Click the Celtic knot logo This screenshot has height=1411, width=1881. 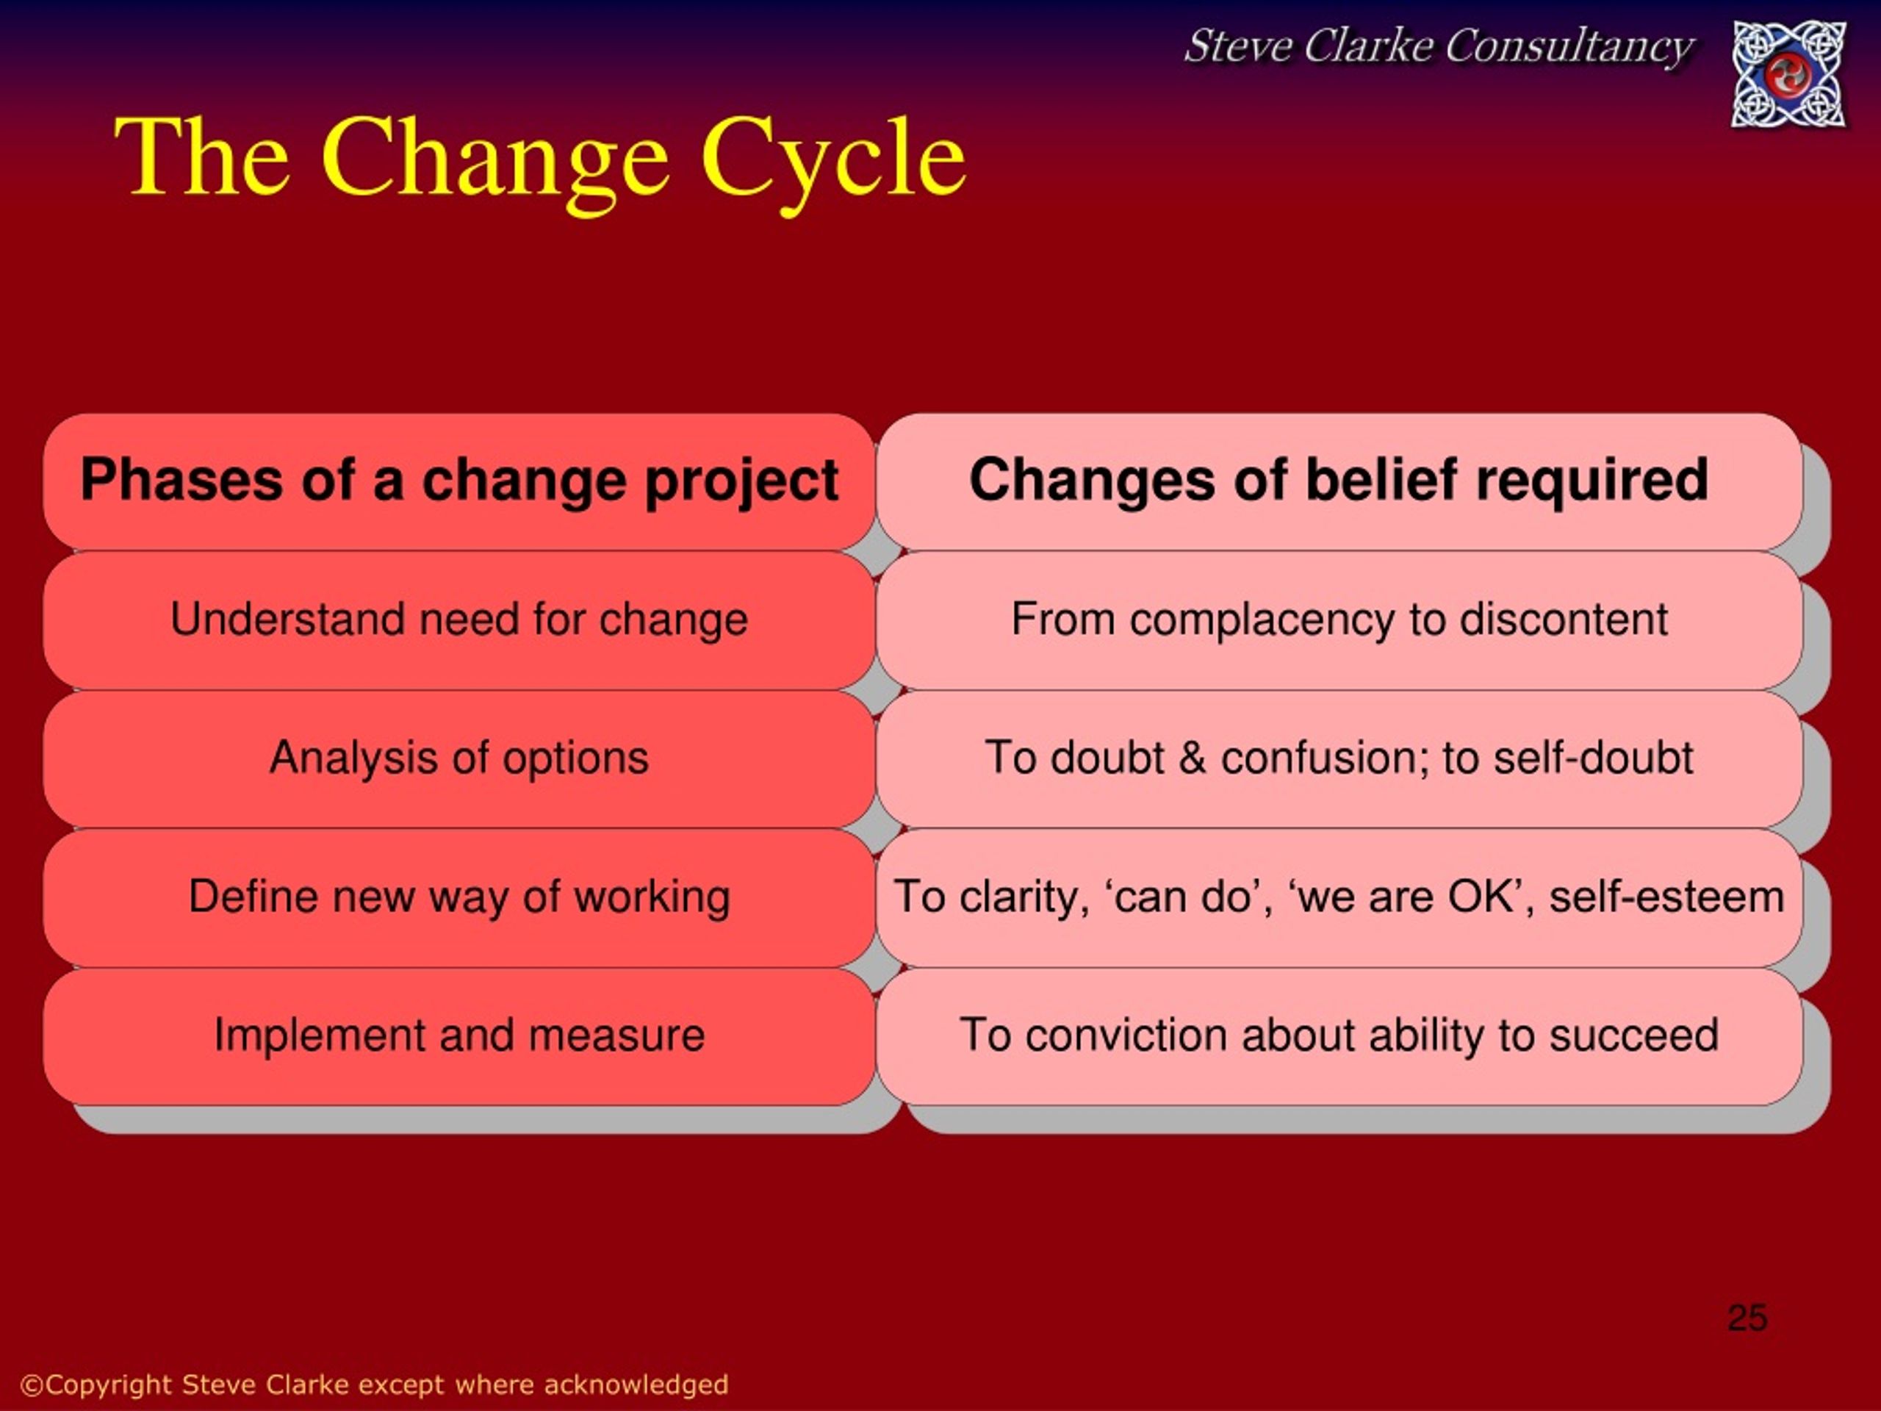coord(1789,75)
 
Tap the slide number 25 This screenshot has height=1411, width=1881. coord(1747,1318)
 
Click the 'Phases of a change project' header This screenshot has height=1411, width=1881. coord(459,481)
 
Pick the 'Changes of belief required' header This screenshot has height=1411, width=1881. coord(1339,481)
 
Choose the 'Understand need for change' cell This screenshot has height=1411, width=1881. coord(459,620)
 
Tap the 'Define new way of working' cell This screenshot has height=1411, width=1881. coord(459,897)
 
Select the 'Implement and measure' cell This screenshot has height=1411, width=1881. coord(459,1036)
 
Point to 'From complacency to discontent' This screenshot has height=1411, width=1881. coord(1339,620)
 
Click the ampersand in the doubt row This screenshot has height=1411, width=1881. coord(1193,758)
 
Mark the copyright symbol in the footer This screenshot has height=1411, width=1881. coord(32,1385)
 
